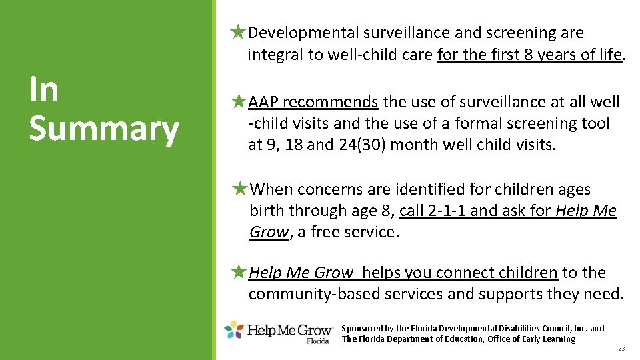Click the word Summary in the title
coord(103,129)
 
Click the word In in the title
coord(43,89)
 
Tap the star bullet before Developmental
coord(237,32)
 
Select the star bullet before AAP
coord(238,102)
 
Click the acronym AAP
coord(263,102)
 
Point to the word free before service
coord(333,232)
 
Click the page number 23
coord(621,349)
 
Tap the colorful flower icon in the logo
coord(234,329)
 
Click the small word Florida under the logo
coord(318,341)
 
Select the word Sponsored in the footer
coord(362,328)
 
